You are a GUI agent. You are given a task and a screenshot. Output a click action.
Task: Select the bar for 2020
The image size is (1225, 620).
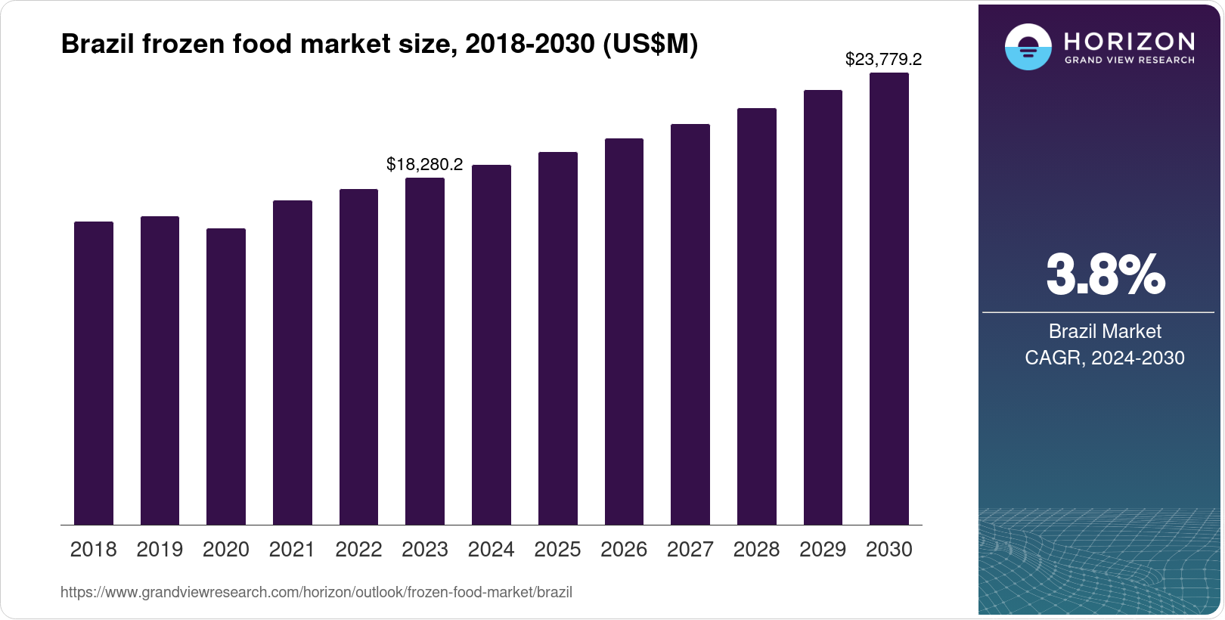pyautogui.click(x=226, y=377)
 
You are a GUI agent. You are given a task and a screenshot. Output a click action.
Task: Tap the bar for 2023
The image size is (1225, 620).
pyautogui.click(x=425, y=352)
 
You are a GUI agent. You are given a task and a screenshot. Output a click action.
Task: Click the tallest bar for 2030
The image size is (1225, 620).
pyautogui.click(x=889, y=299)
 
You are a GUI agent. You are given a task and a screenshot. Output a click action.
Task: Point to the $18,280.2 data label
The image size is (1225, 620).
pyautogui.click(x=424, y=164)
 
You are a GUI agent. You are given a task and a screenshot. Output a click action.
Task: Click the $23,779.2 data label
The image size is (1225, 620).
pyautogui.click(x=883, y=59)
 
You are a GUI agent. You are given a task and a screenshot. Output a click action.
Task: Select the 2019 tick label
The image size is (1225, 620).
pyautogui.click(x=160, y=550)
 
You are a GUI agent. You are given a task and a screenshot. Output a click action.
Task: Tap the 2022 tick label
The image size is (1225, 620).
pyautogui.click(x=358, y=550)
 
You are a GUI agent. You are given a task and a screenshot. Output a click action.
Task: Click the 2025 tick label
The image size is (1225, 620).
pyautogui.click(x=557, y=550)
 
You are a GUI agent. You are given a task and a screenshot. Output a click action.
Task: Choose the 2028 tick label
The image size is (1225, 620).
pyautogui.click(x=756, y=550)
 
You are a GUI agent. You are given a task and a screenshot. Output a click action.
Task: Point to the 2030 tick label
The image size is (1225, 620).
pyautogui.click(x=889, y=550)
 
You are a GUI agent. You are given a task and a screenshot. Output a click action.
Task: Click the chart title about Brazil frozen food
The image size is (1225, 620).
pyautogui.click(x=379, y=45)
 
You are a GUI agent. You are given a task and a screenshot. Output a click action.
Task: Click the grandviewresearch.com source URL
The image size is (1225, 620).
pyautogui.click(x=316, y=592)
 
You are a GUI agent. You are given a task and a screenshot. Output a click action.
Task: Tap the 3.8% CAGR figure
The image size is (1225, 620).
pyautogui.click(x=1105, y=275)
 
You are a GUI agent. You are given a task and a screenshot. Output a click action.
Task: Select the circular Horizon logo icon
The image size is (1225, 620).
pyautogui.click(x=1028, y=47)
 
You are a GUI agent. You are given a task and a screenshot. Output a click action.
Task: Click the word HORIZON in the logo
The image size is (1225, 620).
pyautogui.click(x=1129, y=41)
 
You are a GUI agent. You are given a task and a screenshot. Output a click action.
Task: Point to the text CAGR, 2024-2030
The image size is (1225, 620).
pyautogui.click(x=1105, y=358)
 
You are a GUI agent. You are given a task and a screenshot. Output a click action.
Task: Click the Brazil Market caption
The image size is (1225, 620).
pyautogui.click(x=1105, y=331)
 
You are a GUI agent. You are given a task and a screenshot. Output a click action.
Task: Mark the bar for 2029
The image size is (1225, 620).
pyautogui.click(x=823, y=308)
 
